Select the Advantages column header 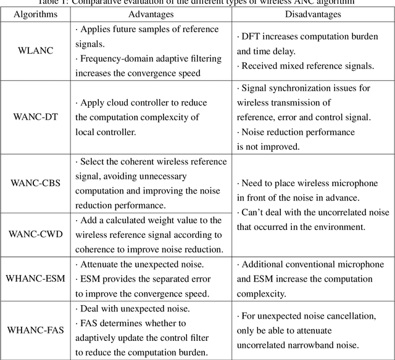[x=151, y=13]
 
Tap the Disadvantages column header [x=313, y=13]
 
